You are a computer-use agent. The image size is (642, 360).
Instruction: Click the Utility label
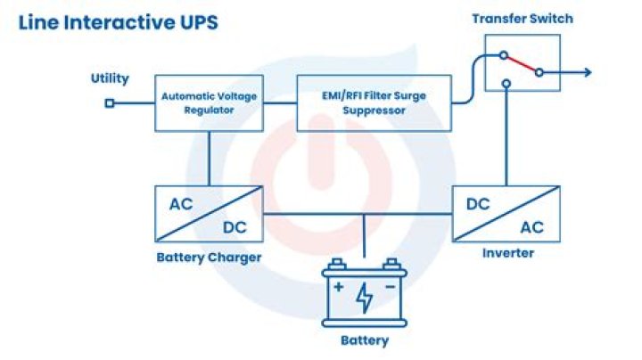pyautogui.click(x=110, y=78)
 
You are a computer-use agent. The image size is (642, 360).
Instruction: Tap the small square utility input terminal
pyautogui.click(x=110, y=103)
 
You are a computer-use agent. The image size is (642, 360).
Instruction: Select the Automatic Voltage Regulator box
pyautogui.click(x=210, y=103)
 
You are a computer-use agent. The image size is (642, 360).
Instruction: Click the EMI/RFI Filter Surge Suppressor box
pyautogui.click(x=374, y=103)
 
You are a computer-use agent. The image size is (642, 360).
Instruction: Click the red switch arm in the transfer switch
pyautogui.click(x=523, y=64)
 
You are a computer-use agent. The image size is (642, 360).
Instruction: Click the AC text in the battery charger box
pyautogui.click(x=181, y=203)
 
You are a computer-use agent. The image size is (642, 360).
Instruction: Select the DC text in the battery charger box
pyautogui.click(x=235, y=228)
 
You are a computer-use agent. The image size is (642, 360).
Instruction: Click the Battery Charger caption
pyautogui.click(x=209, y=258)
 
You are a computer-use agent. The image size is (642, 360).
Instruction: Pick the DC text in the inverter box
pyautogui.click(x=478, y=203)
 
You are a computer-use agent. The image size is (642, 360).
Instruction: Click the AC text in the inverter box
pyautogui.click(x=531, y=228)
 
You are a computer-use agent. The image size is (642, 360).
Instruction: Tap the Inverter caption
pyautogui.click(x=507, y=254)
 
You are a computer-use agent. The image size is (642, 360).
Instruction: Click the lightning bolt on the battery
pyautogui.click(x=364, y=298)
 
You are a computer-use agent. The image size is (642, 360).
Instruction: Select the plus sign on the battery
pyautogui.click(x=338, y=288)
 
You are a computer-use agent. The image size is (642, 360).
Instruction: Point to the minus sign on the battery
pyautogui.click(x=390, y=288)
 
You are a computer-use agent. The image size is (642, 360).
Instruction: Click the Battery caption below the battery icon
pyautogui.click(x=365, y=340)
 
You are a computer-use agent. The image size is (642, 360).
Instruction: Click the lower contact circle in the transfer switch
pyautogui.click(x=506, y=86)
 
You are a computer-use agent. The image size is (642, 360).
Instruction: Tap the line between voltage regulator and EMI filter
pyautogui.click(x=280, y=103)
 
